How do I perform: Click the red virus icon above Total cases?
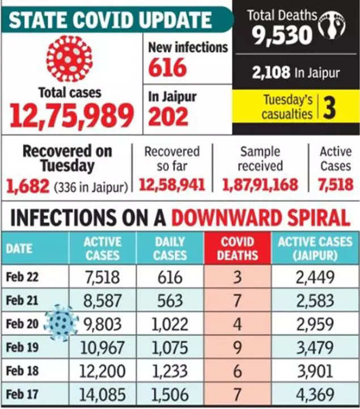[x=69, y=59]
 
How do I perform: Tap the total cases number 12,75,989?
[x=71, y=115]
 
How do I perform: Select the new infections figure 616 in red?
[x=167, y=68]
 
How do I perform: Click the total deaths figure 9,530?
[x=283, y=35]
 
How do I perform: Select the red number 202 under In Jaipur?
[x=168, y=116]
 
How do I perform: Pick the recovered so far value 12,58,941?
[x=172, y=185]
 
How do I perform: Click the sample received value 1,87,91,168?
[x=260, y=185]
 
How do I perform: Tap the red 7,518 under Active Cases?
[x=336, y=185]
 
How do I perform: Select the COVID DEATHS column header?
[x=238, y=248]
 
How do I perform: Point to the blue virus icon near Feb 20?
[x=61, y=323]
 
